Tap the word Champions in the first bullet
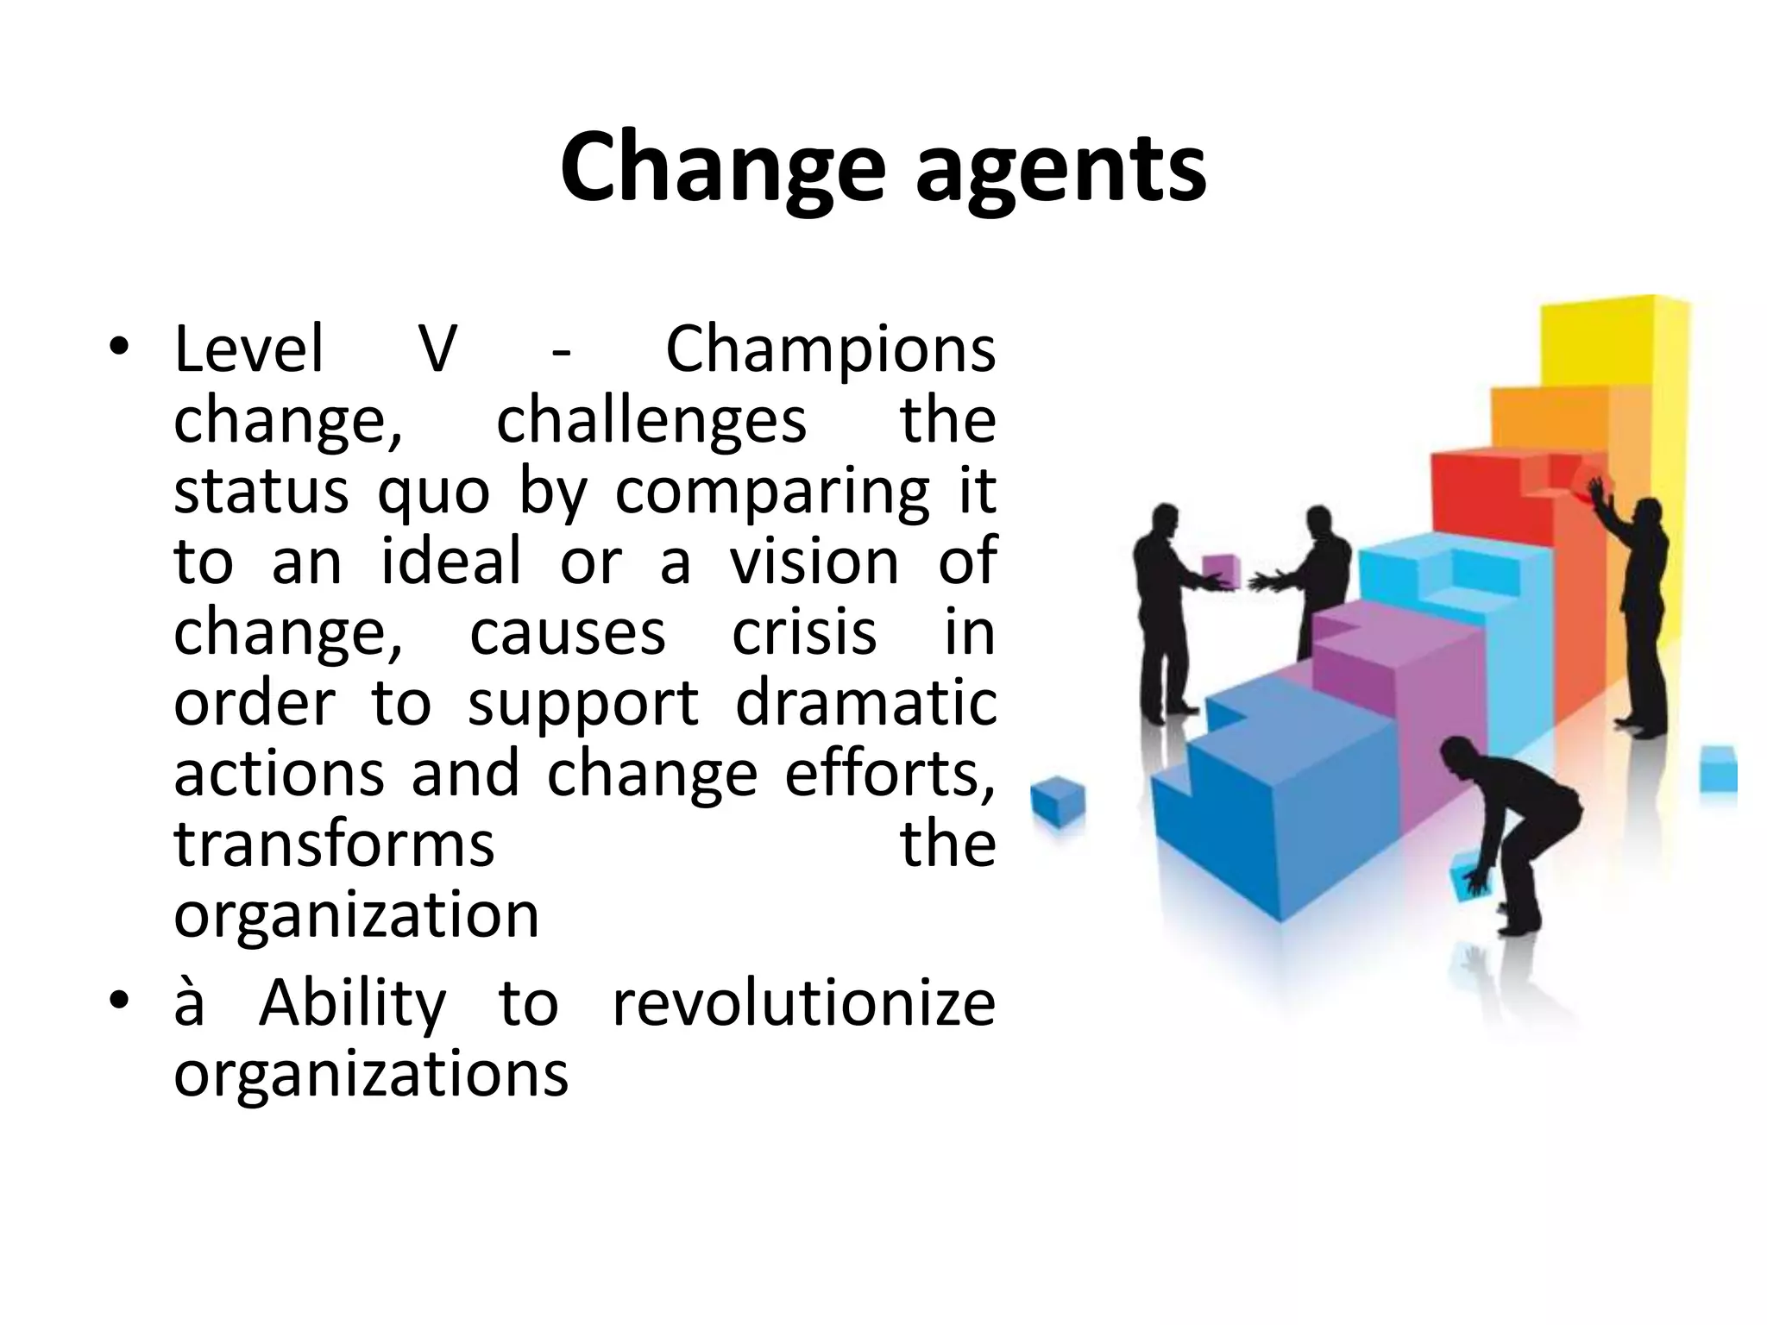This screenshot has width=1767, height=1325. (x=830, y=350)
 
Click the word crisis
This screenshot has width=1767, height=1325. (x=803, y=632)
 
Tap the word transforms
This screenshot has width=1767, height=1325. (x=334, y=845)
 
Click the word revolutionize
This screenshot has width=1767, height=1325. (x=803, y=1004)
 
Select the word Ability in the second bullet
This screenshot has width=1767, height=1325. (x=353, y=1004)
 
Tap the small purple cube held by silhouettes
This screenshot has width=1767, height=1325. (x=1222, y=572)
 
